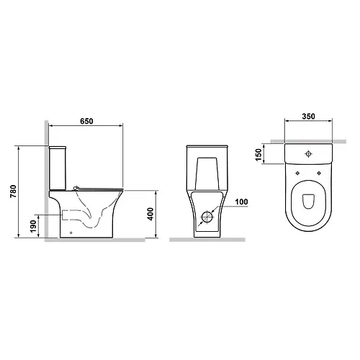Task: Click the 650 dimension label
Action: pyautogui.click(x=86, y=121)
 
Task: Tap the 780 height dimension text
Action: pyautogui.click(x=14, y=192)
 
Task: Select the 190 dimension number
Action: pyautogui.click(x=33, y=226)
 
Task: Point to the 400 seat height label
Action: pyautogui.click(x=150, y=214)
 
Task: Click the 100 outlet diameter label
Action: pyautogui.click(x=241, y=202)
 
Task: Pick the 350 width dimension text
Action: pyautogui.click(x=308, y=117)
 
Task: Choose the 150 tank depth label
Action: pyautogui.click(x=258, y=155)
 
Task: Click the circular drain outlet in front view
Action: pyautogui.click(x=207, y=217)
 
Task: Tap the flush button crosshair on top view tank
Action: pyautogui.click(x=308, y=153)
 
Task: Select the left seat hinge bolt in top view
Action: pyautogui.click(x=297, y=174)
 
